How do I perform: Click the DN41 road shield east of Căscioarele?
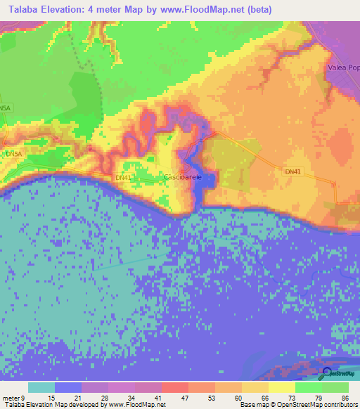tap(293, 171)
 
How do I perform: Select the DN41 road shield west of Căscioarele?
tap(124, 178)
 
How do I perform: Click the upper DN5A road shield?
tap(6, 108)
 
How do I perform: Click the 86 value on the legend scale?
tap(345, 397)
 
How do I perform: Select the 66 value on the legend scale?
tap(265, 397)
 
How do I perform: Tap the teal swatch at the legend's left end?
tap(41, 387)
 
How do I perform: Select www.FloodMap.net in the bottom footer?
tap(136, 405)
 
